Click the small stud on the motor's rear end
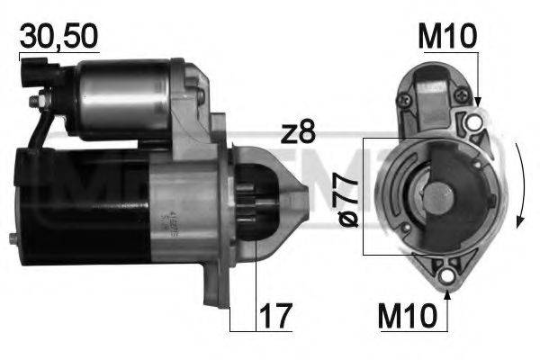click(11, 238)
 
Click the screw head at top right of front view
click(459, 91)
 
